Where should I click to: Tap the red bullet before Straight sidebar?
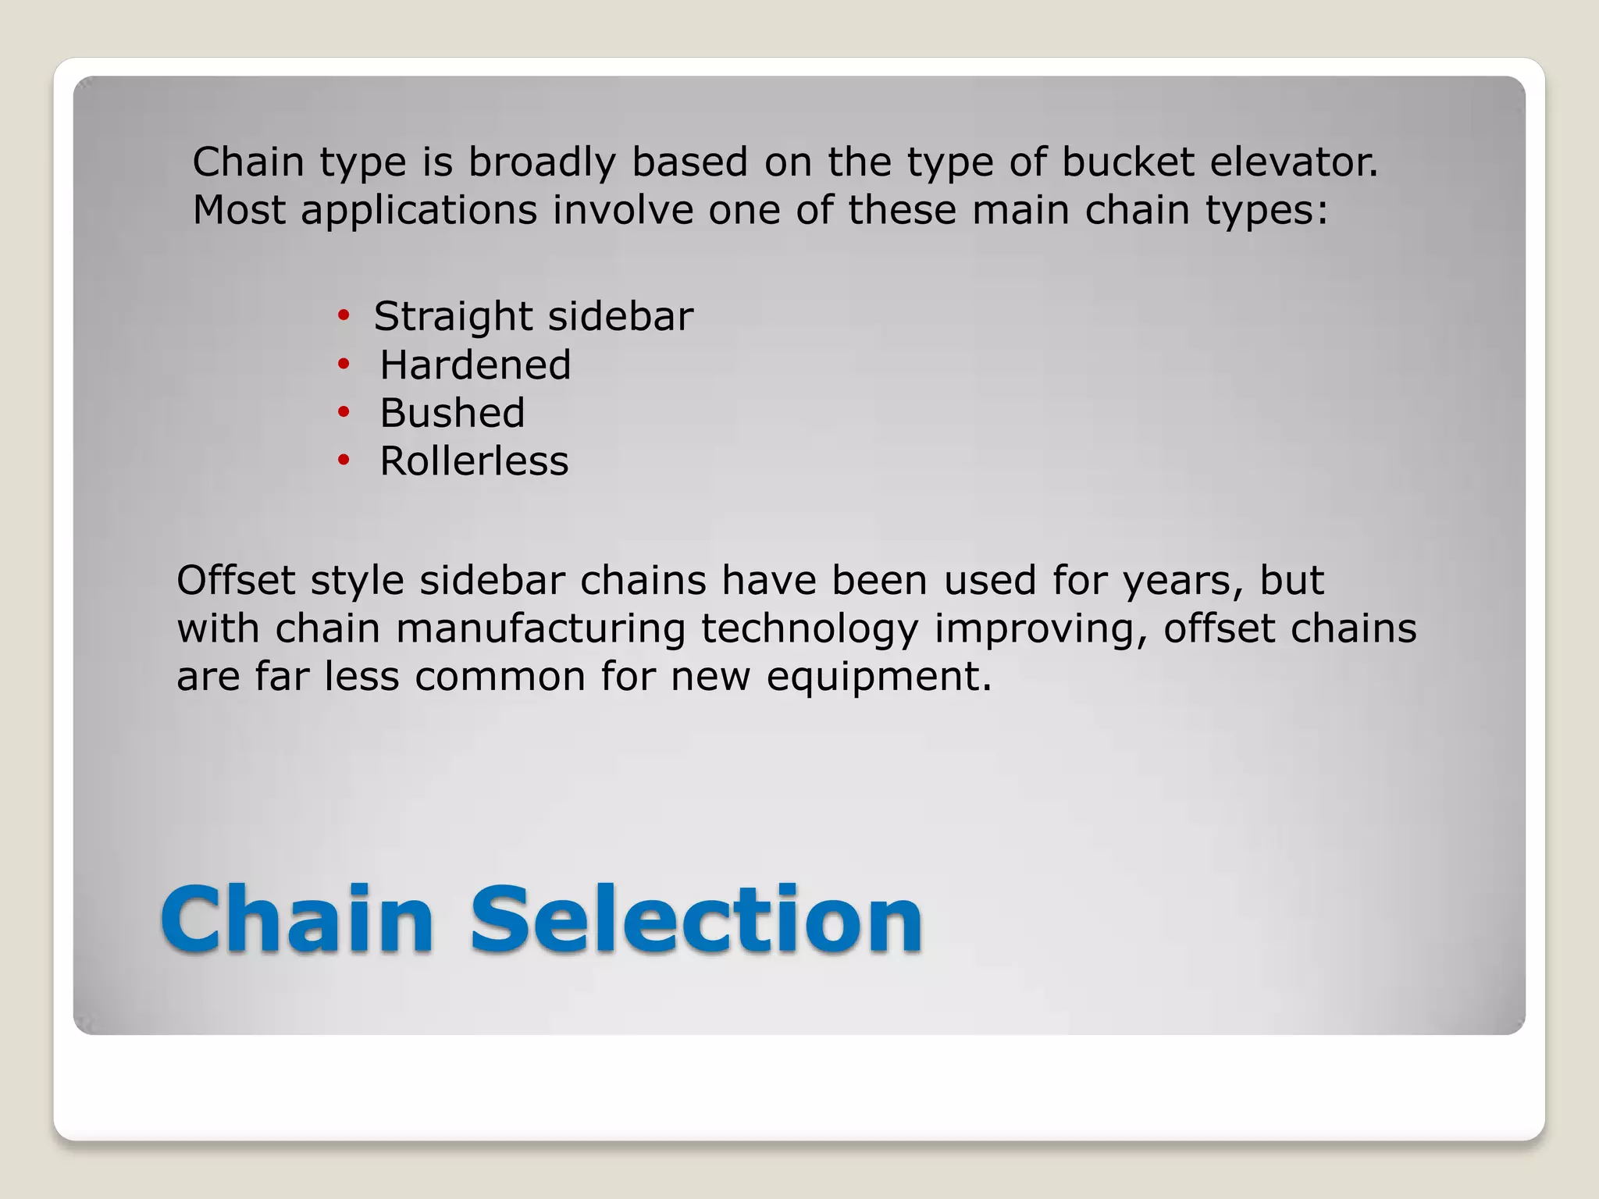344,316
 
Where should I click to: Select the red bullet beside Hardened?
344,365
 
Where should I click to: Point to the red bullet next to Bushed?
344,412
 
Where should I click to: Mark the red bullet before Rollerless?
344,461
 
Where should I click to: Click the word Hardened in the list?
475,365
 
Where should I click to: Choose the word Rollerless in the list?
474,461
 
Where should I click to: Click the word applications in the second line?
419,211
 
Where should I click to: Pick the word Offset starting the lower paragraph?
236,580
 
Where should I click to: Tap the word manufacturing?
540,628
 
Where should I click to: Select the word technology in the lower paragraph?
810,630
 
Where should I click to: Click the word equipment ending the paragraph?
878,678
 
